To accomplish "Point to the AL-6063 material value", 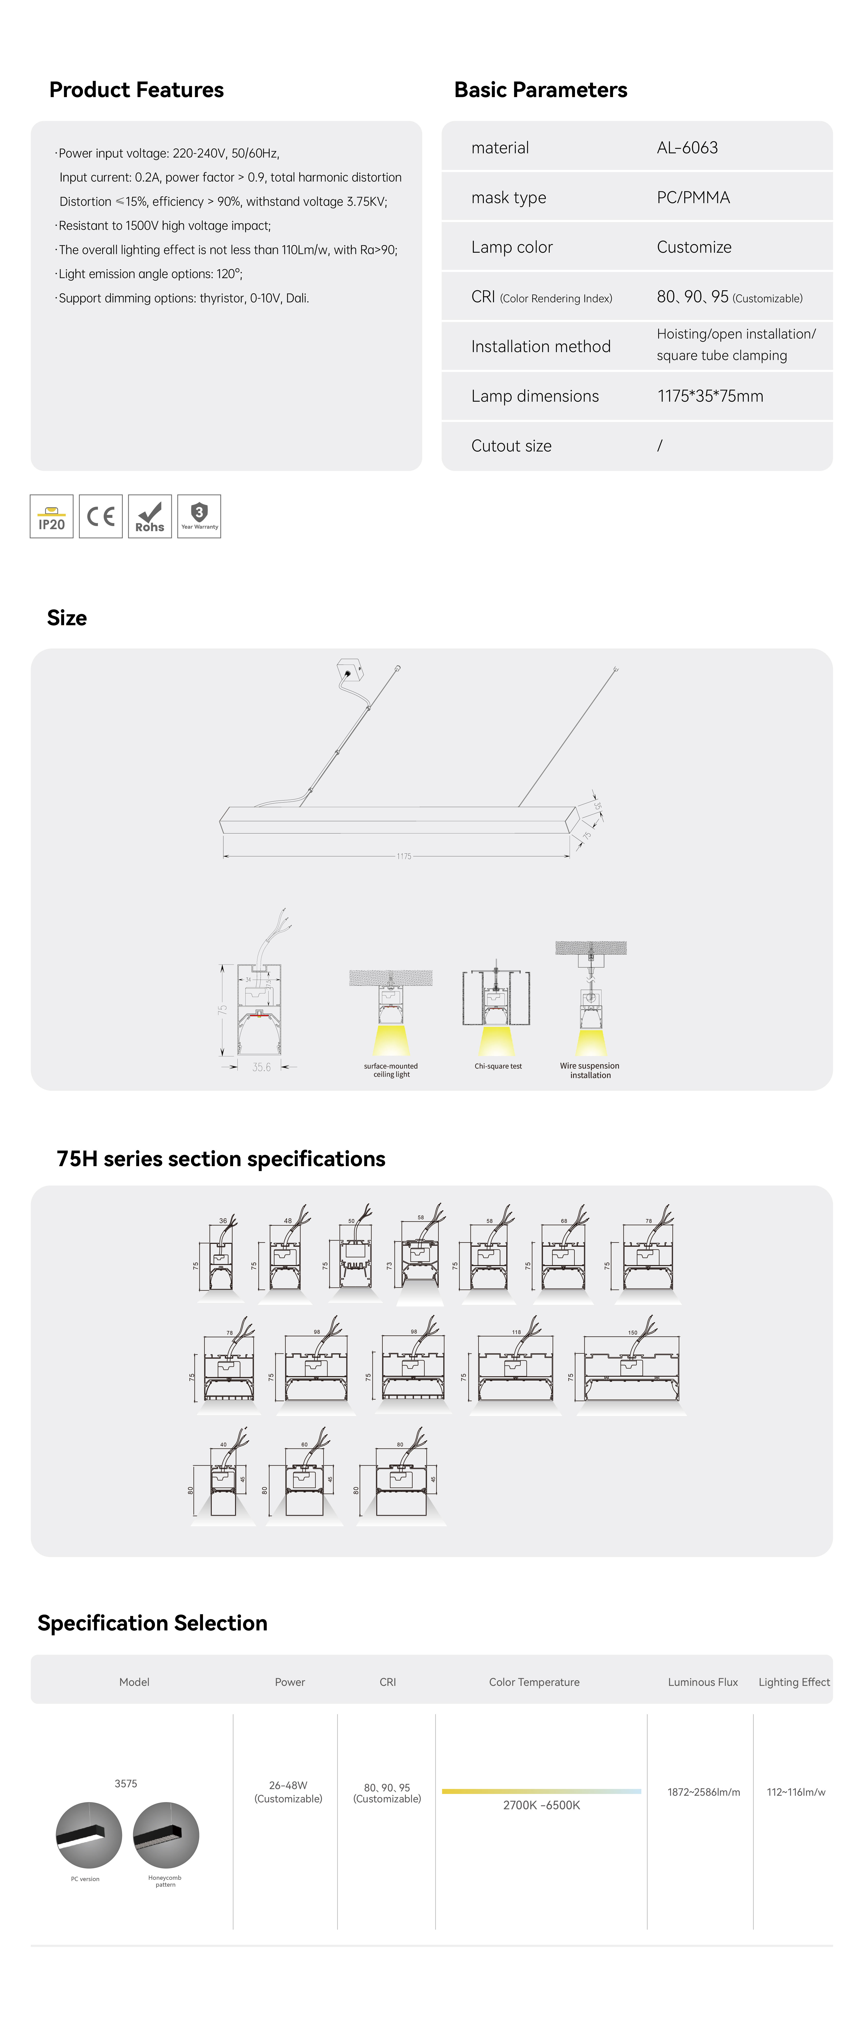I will tap(687, 148).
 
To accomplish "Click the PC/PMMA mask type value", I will tap(693, 197).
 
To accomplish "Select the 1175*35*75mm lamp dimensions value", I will tap(710, 396).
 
